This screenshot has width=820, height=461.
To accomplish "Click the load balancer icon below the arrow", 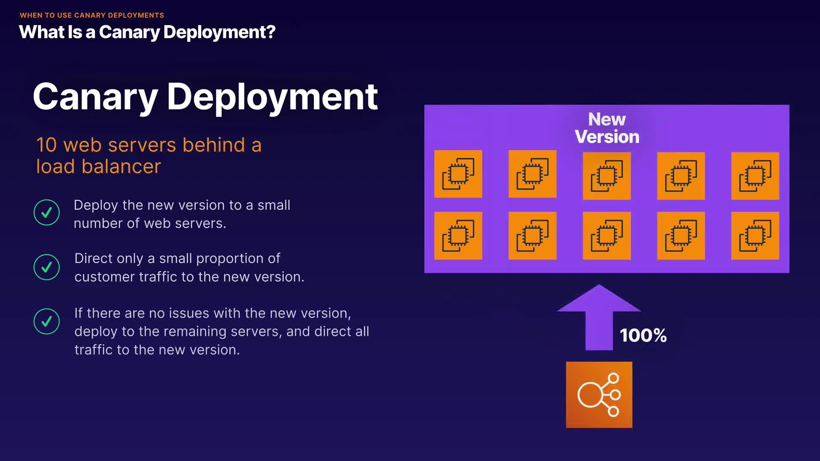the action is point(599,394).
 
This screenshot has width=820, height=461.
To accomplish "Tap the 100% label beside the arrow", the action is point(643,336).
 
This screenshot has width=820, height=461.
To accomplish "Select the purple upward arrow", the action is point(599,318).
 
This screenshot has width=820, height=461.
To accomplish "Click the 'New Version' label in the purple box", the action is point(607,128).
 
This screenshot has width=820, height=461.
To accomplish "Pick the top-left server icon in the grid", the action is point(458,174).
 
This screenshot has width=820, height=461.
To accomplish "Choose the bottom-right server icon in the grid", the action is point(755,236).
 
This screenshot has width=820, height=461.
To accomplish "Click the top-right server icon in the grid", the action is point(755,175).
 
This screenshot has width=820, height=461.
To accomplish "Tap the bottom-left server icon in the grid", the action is point(458,236).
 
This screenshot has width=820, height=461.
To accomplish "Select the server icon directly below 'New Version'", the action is point(606,175).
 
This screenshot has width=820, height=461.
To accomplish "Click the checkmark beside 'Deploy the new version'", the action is point(47,212).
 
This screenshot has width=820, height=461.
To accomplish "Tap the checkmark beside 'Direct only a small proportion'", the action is point(47,267).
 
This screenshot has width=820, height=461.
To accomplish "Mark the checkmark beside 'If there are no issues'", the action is point(47,321).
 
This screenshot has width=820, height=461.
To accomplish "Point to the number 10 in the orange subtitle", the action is point(46,145).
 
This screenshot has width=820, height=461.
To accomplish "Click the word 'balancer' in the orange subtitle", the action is point(121,166).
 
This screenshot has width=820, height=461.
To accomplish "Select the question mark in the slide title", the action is point(271,32).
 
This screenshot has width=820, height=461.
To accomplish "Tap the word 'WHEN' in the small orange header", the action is point(31,15).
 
